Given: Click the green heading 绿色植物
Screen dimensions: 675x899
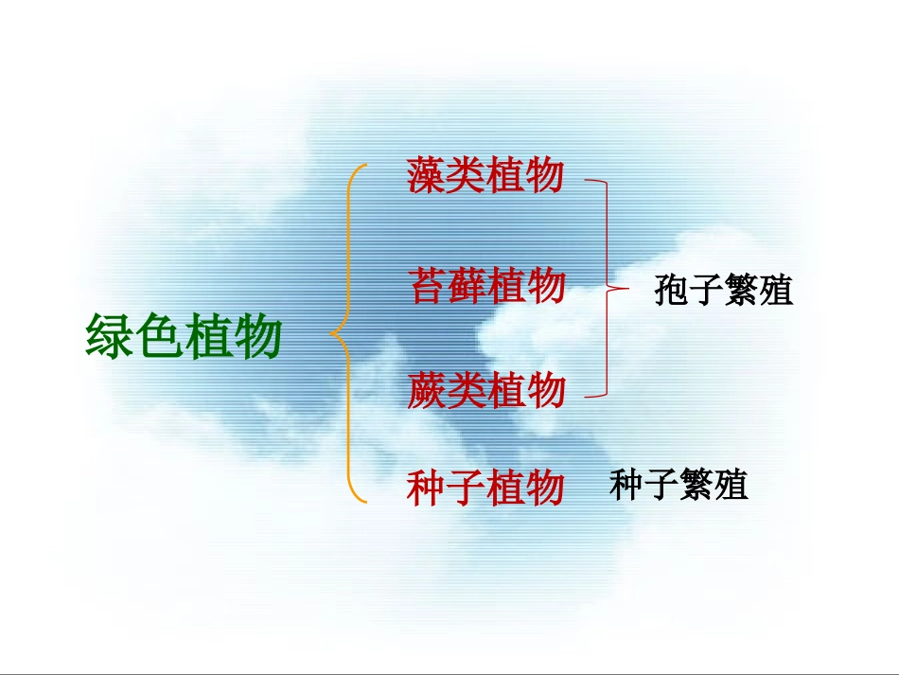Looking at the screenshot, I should point(184,335).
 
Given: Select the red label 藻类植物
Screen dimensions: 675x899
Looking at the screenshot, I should point(485,175).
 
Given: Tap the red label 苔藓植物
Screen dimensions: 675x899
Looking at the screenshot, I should point(486,285).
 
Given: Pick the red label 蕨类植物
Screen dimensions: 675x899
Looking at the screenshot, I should point(486,390).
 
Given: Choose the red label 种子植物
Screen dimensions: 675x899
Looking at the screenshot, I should point(485,488).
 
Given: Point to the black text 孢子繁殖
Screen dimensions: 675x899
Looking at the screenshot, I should point(723,290).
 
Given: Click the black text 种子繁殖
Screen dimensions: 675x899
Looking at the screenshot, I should point(679,486).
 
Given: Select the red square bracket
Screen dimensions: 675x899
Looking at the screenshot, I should point(607,284).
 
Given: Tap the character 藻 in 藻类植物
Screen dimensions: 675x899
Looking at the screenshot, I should point(427,175).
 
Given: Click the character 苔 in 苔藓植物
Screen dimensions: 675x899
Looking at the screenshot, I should point(428,285).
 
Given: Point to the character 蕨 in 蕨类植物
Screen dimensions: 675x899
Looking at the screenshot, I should point(428,390).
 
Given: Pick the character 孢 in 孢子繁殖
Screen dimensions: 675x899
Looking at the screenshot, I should point(671,290).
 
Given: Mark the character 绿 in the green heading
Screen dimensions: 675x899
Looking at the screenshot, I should point(109,335).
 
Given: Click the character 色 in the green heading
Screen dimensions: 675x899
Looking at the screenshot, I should point(158,335).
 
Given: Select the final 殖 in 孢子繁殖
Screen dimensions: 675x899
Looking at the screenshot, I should point(775,290).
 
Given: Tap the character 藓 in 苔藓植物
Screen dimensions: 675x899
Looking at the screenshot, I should point(467,285).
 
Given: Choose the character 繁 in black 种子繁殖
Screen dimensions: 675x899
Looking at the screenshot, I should point(697,486).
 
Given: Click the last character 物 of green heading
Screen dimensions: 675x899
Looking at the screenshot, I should point(257,335).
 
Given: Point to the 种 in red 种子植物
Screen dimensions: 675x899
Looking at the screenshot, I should point(427,488).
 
